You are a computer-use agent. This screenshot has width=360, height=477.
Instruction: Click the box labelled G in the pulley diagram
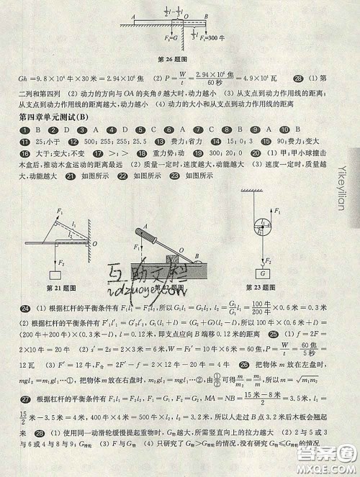click(265, 273)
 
